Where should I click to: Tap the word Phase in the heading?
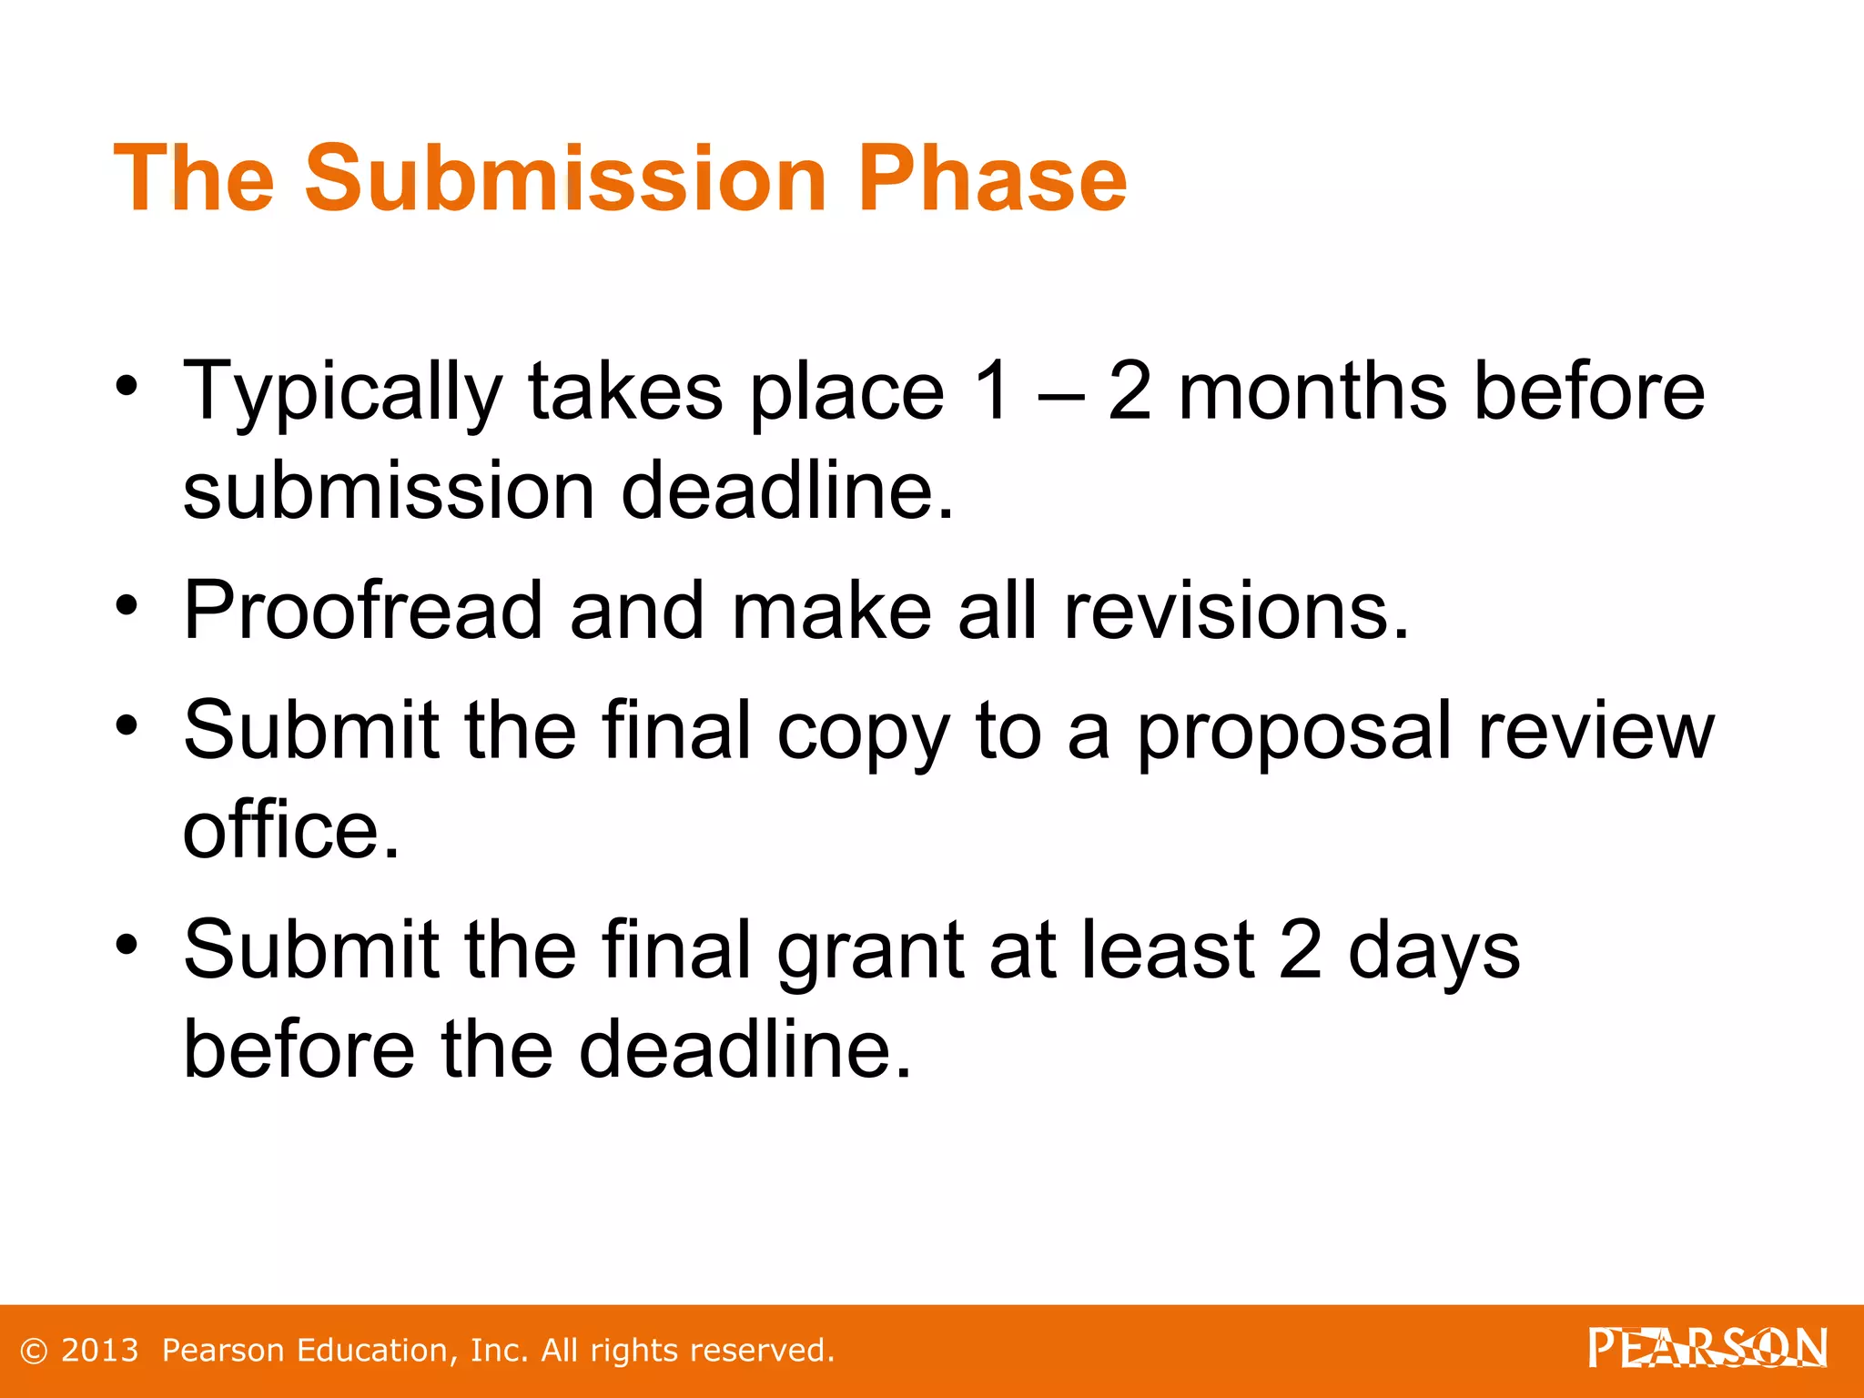992,178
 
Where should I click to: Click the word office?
290,830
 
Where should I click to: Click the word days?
1433,952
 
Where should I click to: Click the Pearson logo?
1707,1349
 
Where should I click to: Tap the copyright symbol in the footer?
34,1352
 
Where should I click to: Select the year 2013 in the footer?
100,1351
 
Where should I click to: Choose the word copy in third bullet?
863,734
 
